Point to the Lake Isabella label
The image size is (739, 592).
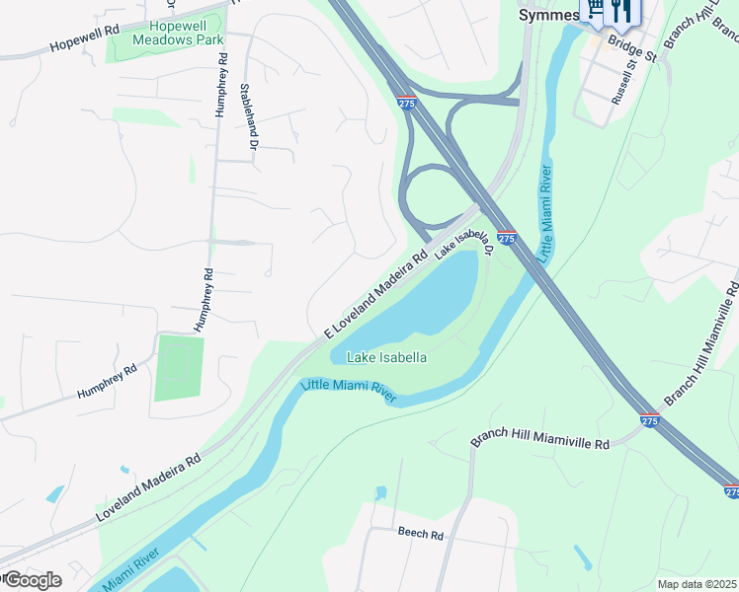(386, 357)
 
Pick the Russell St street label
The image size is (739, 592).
(622, 84)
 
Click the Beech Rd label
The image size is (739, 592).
(421, 533)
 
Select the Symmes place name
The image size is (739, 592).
(548, 15)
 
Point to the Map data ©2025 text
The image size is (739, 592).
(698, 584)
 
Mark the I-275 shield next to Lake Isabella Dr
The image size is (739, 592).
(506, 238)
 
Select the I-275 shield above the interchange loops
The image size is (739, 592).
(406, 102)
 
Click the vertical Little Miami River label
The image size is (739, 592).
(544, 212)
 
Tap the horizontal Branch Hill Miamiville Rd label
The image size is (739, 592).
(539, 436)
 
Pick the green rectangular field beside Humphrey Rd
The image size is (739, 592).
(179, 368)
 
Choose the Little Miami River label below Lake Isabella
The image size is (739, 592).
(349, 391)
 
